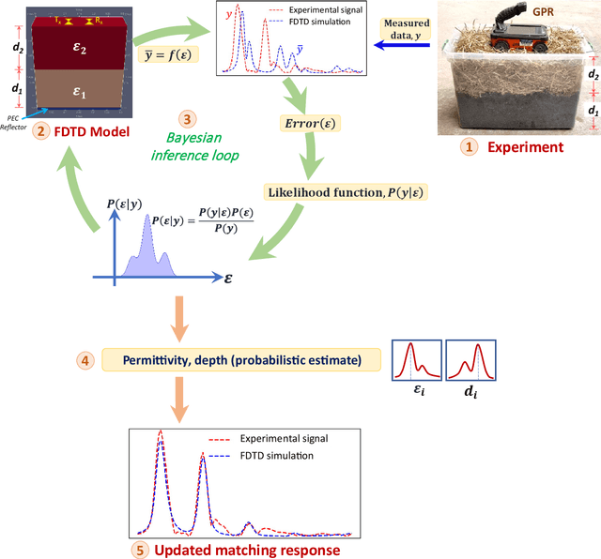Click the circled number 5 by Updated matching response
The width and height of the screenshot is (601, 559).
(140, 550)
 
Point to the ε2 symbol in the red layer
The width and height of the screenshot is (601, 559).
(82, 50)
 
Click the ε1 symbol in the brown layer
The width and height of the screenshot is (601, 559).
(82, 93)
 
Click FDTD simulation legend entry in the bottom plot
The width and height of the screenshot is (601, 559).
(273, 456)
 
